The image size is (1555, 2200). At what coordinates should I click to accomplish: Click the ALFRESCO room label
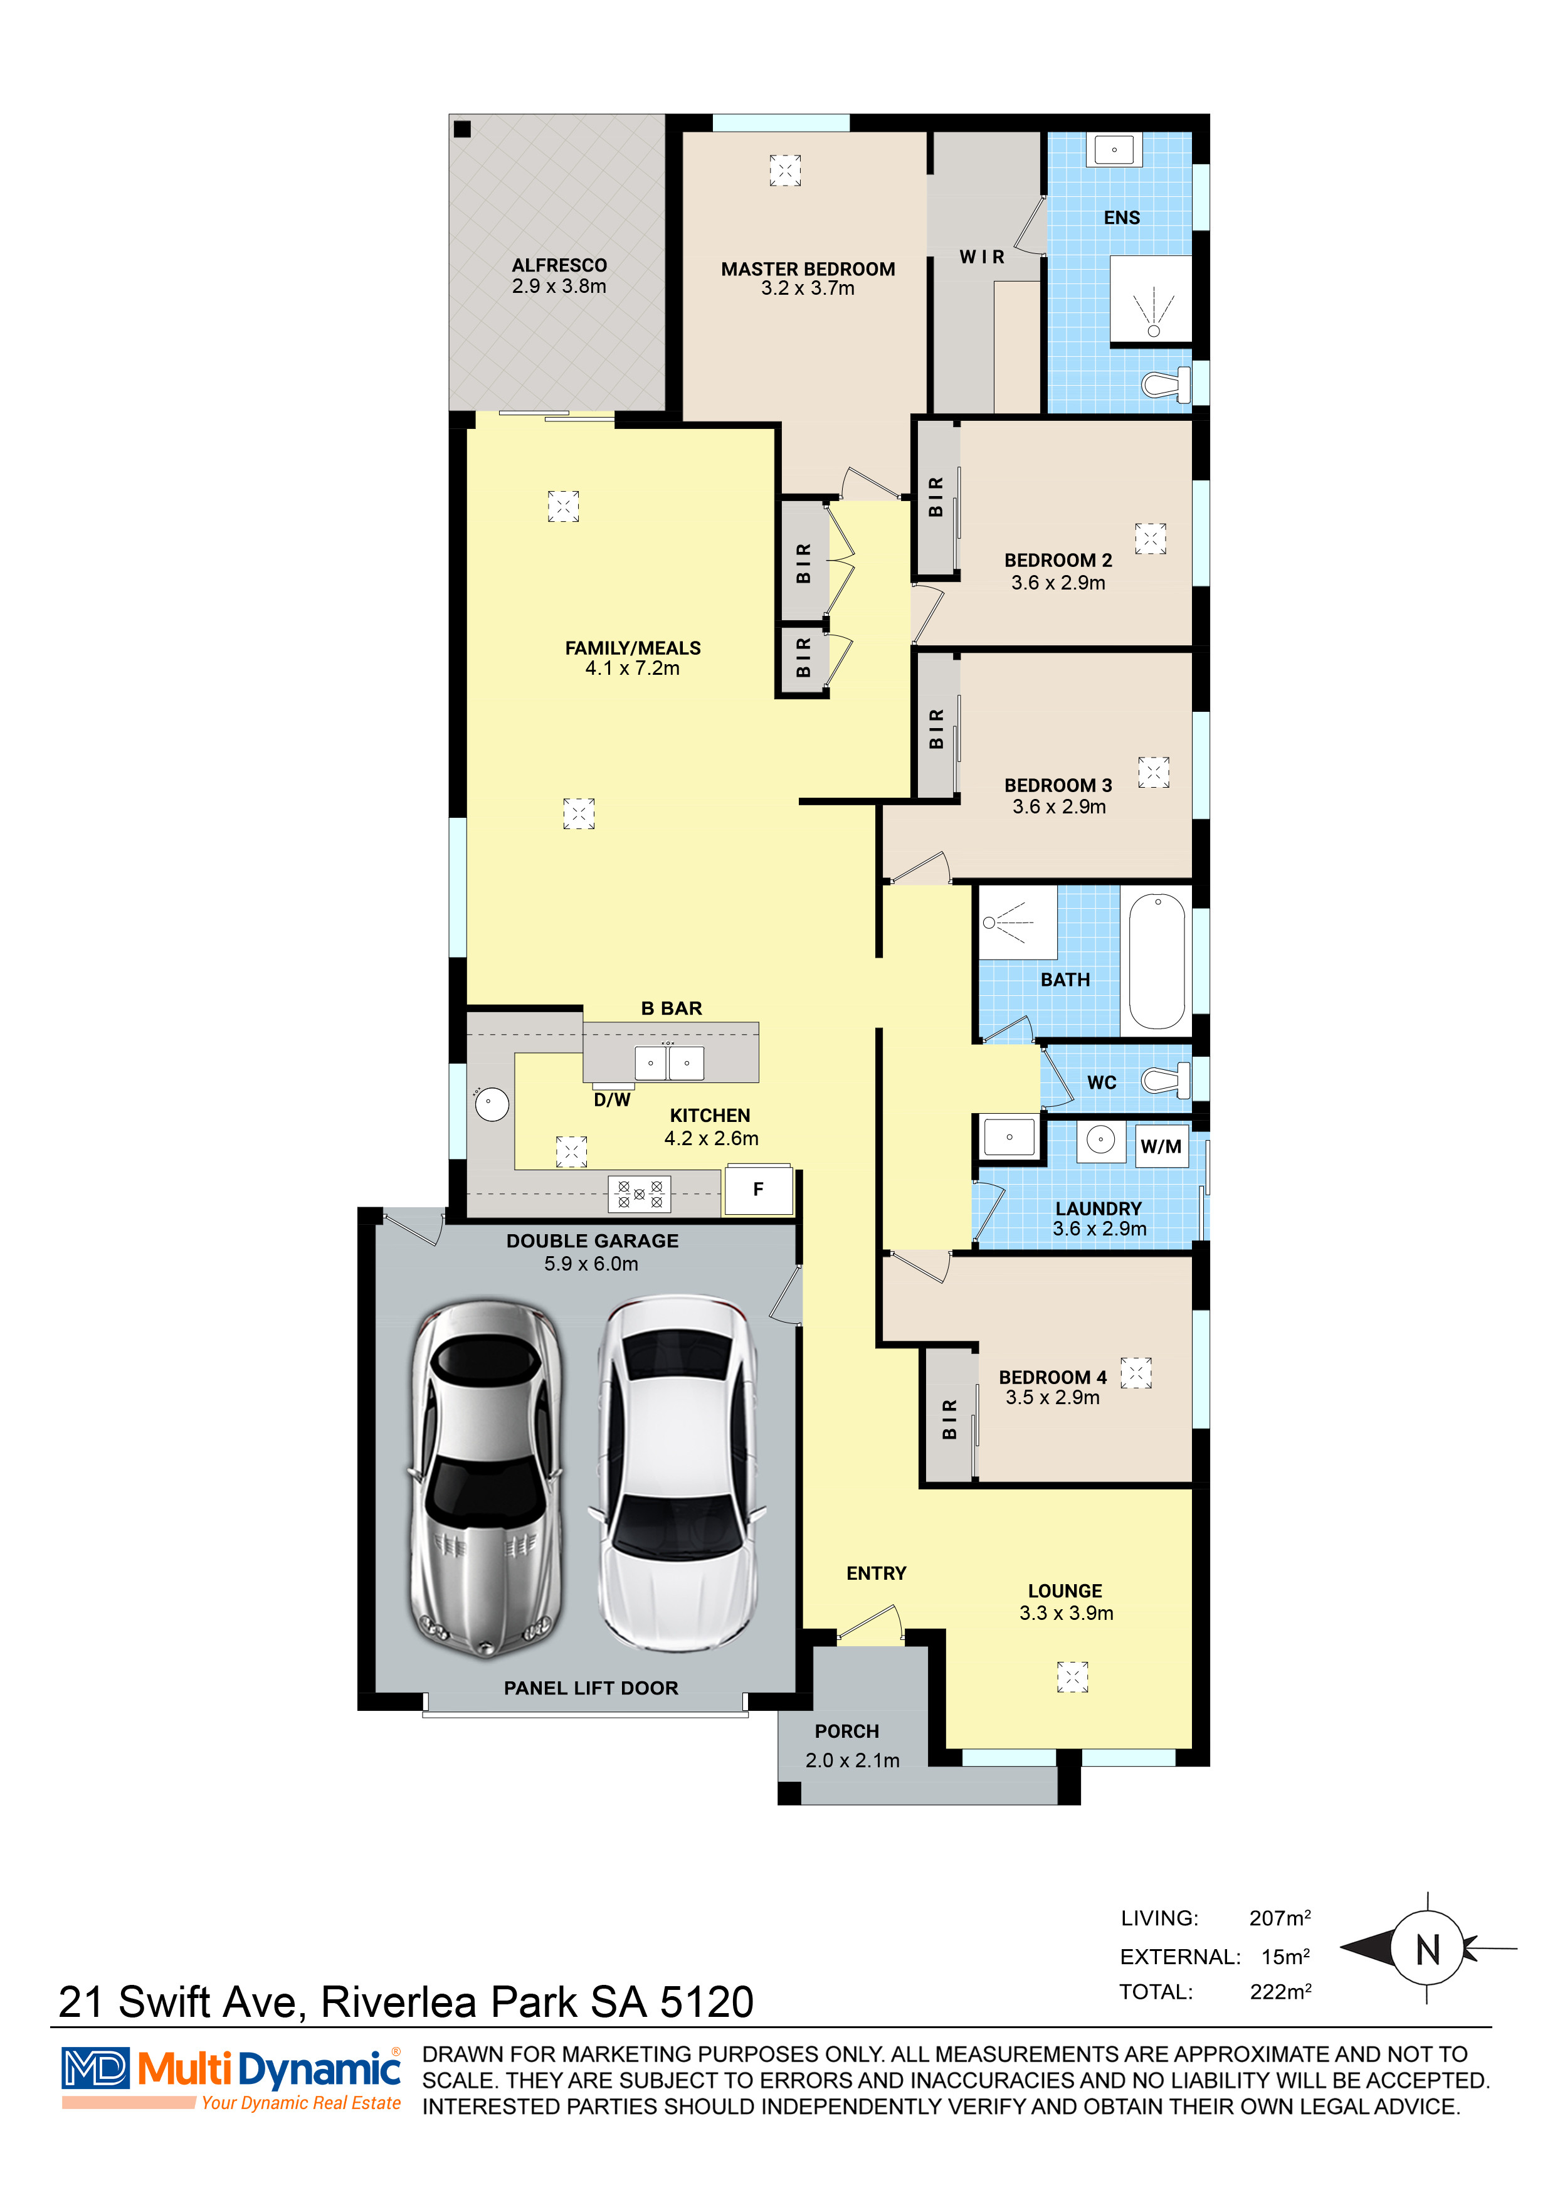pyautogui.click(x=559, y=265)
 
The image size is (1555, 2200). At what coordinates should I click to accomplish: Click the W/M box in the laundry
pyautogui.click(x=1160, y=1146)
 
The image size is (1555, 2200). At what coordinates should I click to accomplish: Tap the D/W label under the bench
pyautogui.click(x=611, y=1100)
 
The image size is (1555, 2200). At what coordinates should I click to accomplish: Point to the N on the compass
pyautogui.click(x=1428, y=1949)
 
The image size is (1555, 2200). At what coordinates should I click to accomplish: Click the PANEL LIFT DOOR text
pyautogui.click(x=591, y=1688)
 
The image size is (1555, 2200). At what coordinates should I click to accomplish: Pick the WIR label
pyautogui.click(x=982, y=256)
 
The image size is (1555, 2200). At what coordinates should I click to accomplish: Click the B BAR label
pyautogui.click(x=672, y=1008)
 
